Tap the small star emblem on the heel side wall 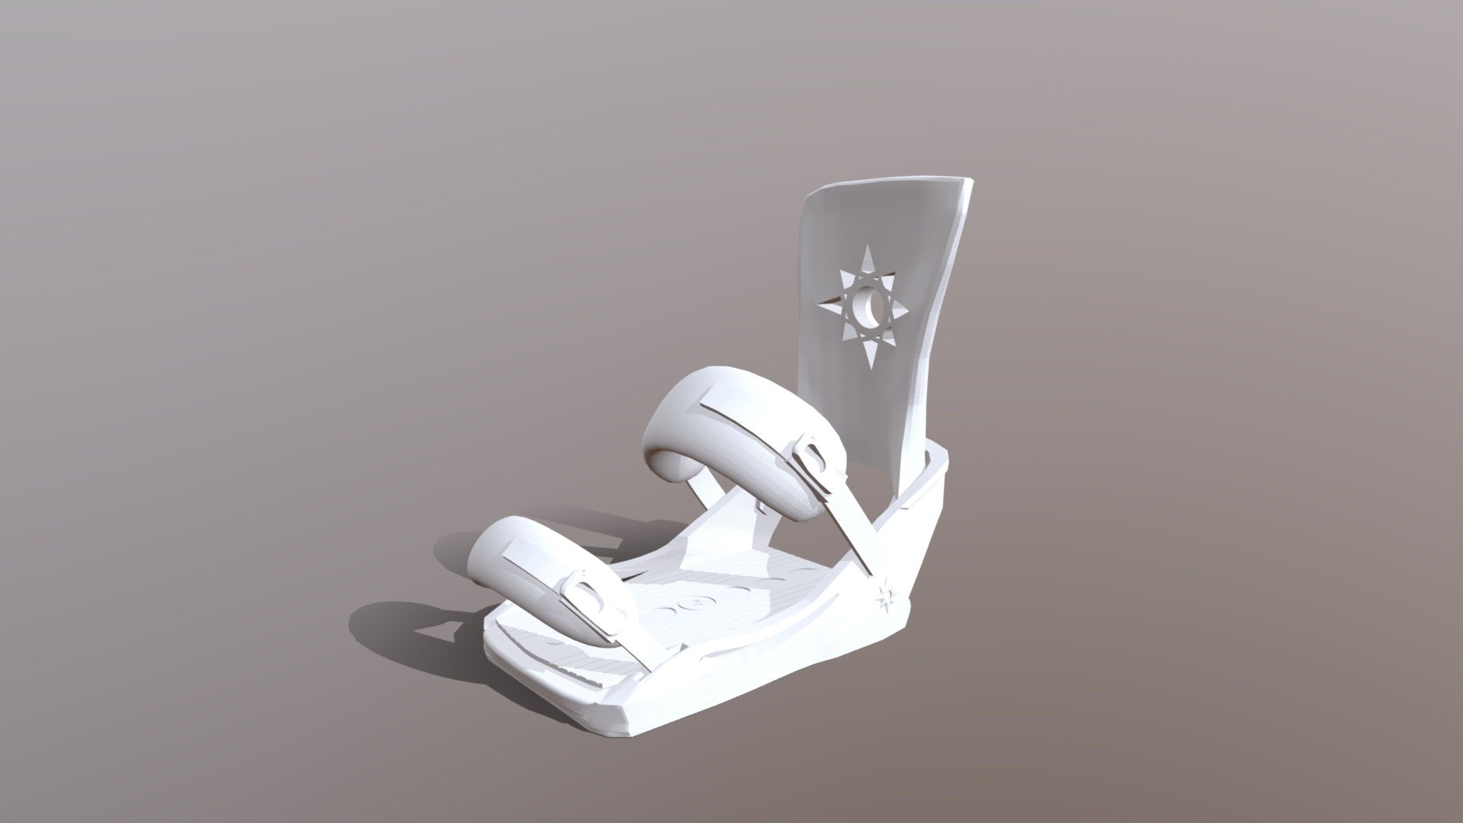coord(886,597)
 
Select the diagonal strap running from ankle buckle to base coord(850,526)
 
